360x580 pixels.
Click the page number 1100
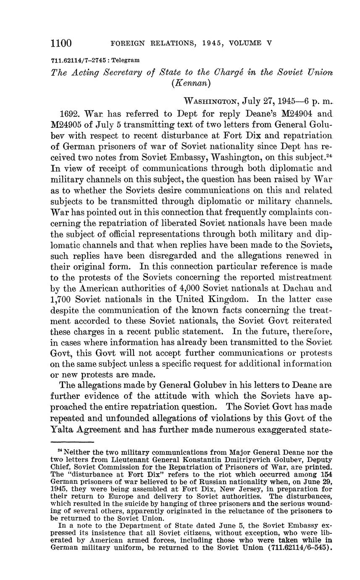[x=61, y=43]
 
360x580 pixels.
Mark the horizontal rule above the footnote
[x=72, y=442]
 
